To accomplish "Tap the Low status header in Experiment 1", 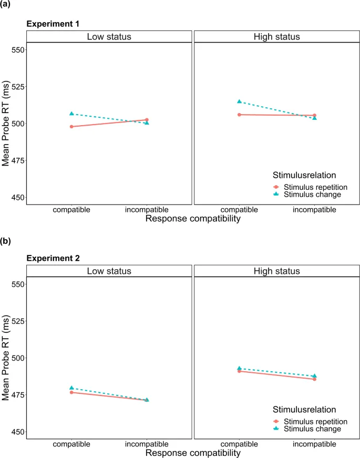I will click(x=109, y=36).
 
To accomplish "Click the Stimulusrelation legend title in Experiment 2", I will click(x=304, y=409).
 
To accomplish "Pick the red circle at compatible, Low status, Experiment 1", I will click(x=71, y=127).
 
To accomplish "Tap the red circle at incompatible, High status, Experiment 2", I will click(x=314, y=379).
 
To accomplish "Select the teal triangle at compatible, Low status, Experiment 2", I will click(x=71, y=388).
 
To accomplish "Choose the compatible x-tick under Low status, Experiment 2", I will click(x=71, y=444).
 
